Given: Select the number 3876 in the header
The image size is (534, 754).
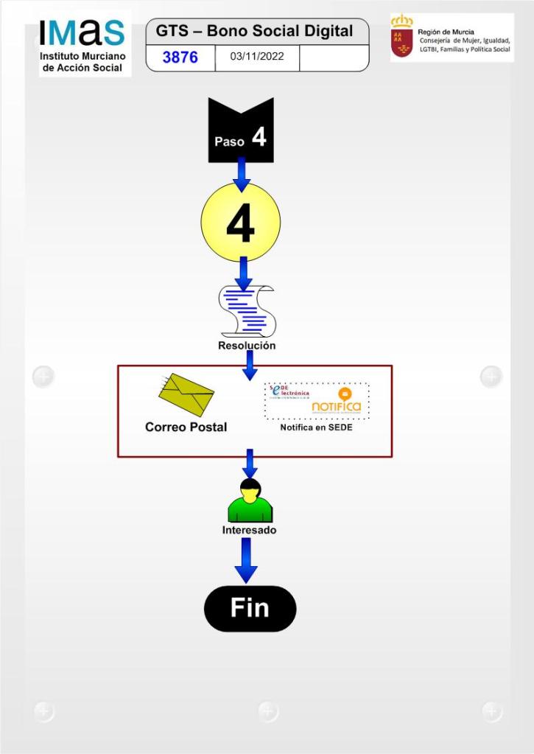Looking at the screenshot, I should [180, 57].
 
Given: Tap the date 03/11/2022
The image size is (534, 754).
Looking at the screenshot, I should [256, 57].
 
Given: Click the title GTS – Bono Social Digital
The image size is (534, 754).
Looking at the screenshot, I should [254, 32].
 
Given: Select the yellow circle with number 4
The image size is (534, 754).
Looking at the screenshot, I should [240, 222].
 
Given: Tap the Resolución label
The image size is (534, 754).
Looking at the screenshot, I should [247, 346].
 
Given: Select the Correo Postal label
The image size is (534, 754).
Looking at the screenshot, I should [186, 427].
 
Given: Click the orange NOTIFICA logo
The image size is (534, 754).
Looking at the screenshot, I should [337, 402].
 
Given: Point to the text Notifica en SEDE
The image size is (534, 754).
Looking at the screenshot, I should [316, 427].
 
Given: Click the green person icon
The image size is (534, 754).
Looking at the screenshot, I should [250, 502].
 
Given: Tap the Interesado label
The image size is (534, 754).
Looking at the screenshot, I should [249, 530].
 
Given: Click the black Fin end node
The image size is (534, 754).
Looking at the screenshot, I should [250, 609].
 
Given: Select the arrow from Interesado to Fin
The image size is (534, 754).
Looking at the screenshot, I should [246, 560].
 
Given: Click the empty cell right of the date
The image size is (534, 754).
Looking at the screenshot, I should [333, 57].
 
